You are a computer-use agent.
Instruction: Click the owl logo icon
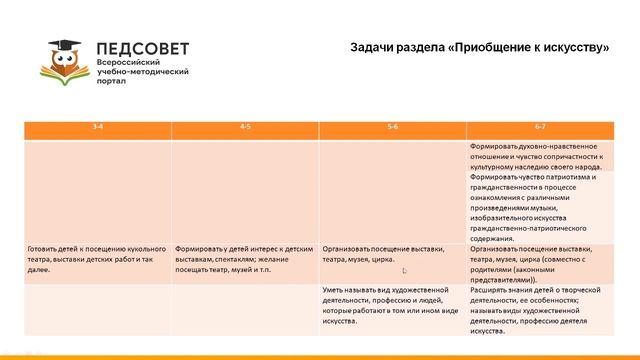(70, 59)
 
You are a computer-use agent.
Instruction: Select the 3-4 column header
(97, 129)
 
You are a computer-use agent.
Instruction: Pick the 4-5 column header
(245, 129)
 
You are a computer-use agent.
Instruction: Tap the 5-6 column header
(392, 129)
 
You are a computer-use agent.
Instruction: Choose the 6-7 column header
(540, 129)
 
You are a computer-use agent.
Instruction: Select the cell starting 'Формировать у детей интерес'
(245, 254)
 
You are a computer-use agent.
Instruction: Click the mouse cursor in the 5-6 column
(405, 271)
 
